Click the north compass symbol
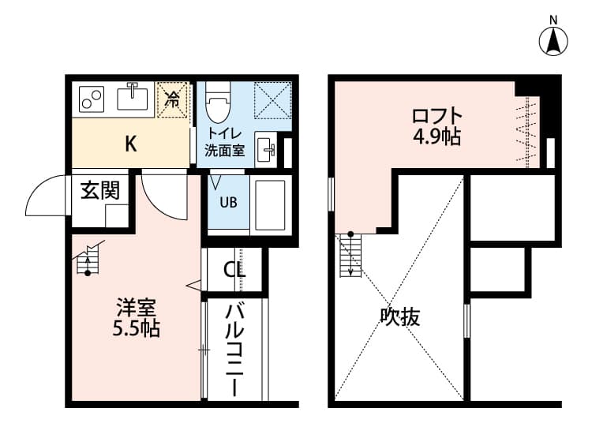pyautogui.click(x=554, y=40)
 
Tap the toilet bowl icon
pyautogui.click(x=215, y=102)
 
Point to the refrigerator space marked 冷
pyautogui.click(x=173, y=99)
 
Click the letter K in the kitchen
pyautogui.click(x=131, y=144)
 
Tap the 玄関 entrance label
pyautogui.click(x=100, y=191)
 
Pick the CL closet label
pyautogui.click(x=234, y=270)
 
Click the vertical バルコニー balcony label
pyautogui.click(x=234, y=348)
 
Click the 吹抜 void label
pyautogui.click(x=400, y=317)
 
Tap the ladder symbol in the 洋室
pyautogui.click(x=89, y=260)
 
